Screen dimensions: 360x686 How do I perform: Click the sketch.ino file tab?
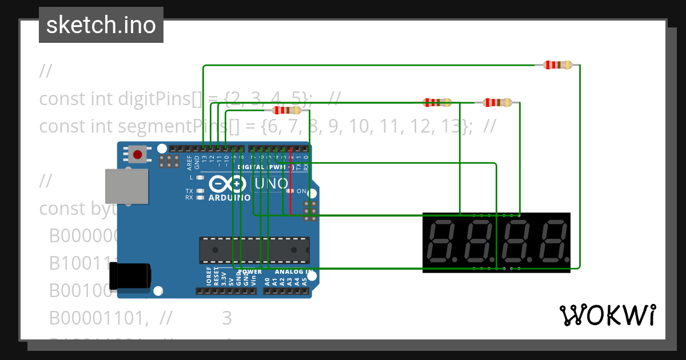point(101,25)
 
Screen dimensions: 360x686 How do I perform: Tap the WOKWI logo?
point(607,315)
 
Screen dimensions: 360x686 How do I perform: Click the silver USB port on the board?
point(126,186)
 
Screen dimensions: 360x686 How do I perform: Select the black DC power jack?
point(130,276)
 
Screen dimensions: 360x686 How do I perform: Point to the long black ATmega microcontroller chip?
point(254,250)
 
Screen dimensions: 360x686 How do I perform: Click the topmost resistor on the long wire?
point(557,65)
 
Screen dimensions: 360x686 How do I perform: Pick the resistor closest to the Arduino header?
point(286,110)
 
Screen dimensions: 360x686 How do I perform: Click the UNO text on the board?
point(271,184)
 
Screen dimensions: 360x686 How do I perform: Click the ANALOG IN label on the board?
point(294,272)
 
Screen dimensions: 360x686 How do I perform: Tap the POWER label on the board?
point(250,272)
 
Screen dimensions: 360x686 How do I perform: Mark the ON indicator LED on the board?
point(290,191)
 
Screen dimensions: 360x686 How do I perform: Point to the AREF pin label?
point(189,163)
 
